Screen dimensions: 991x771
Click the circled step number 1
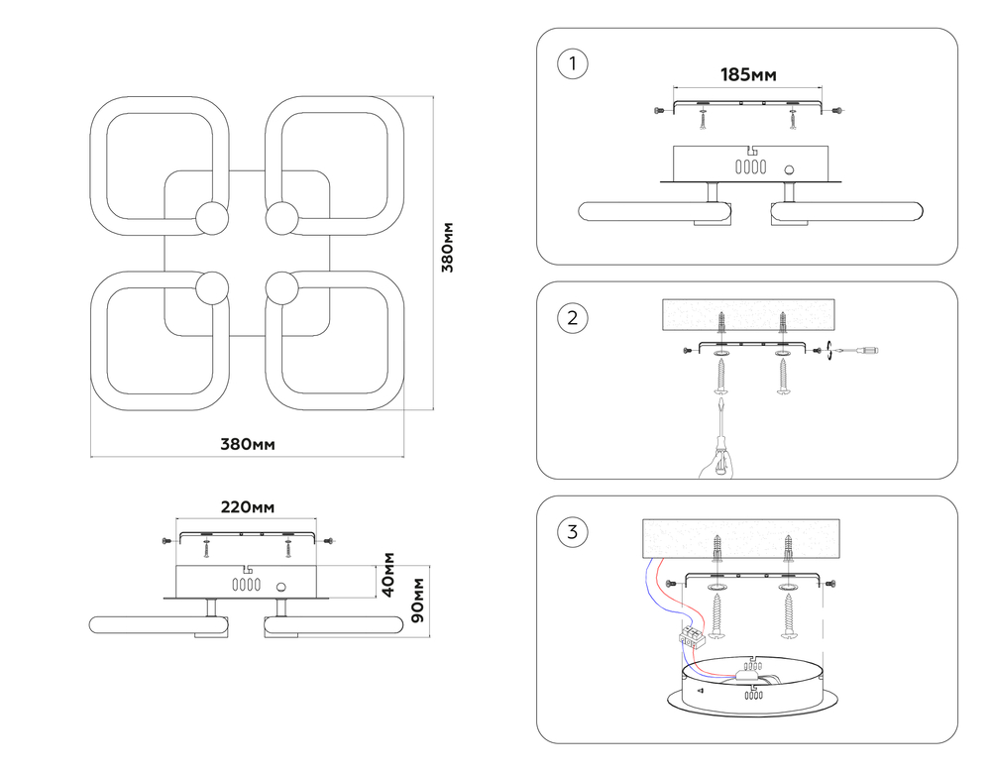(x=573, y=63)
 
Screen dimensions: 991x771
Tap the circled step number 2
(x=573, y=318)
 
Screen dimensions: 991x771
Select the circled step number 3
(x=573, y=531)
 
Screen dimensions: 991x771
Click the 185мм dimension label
(x=748, y=75)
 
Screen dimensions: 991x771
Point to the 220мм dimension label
(x=247, y=507)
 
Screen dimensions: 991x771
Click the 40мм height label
(x=388, y=575)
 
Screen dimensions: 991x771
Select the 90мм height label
(x=417, y=600)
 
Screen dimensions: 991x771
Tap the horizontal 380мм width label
(x=248, y=444)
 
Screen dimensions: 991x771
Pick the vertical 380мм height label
(x=448, y=247)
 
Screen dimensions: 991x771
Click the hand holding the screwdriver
(x=716, y=464)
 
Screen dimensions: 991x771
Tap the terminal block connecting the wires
(x=692, y=636)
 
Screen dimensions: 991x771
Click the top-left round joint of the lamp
(x=212, y=219)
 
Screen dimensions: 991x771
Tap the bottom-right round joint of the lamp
(x=281, y=288)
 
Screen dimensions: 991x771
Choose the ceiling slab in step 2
(x=748, y=315)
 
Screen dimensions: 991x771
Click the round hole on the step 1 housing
(x=790, y=170)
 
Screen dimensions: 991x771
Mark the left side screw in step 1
(x=660, y=111)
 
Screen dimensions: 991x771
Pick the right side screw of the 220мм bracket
(x=328, y=540)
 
